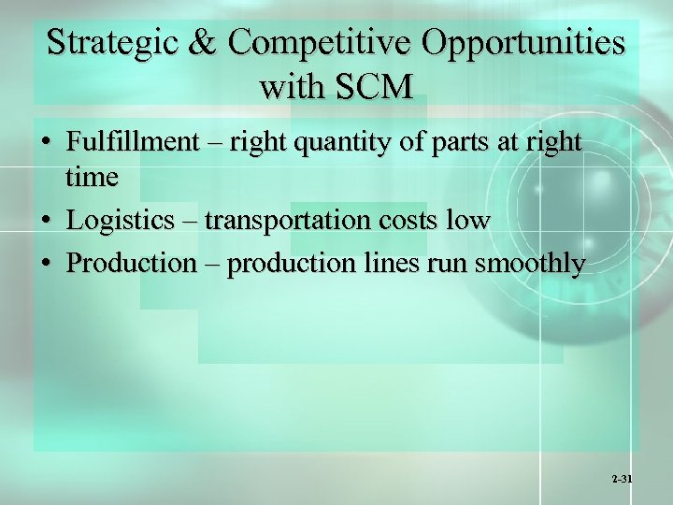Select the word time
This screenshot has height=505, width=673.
coord(93,178)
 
